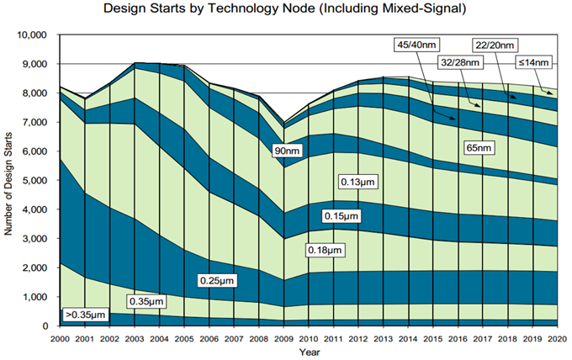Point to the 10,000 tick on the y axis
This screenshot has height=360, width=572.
click(x=34, y=35)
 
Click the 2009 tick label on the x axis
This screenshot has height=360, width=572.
click(x=284, y=338)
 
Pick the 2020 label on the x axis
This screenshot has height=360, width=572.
click(x=554, y=338)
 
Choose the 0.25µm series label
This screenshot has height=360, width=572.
click(x=220, y=279)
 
